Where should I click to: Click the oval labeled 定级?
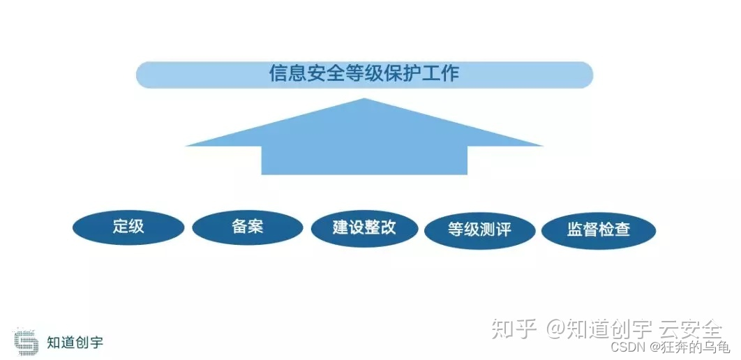click(128, 227)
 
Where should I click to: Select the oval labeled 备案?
click(248, 227)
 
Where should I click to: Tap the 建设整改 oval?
click(364, 228)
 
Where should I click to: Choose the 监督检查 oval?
click(599, 230)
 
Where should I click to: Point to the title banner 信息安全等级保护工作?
click(364, 75)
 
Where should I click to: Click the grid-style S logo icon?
click(26, 342)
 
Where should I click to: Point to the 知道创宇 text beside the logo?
click(75, 343)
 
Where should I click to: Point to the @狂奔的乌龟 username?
click(690, 347)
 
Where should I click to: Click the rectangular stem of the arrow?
click(364, 160)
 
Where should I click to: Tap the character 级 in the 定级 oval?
click(136, 227)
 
